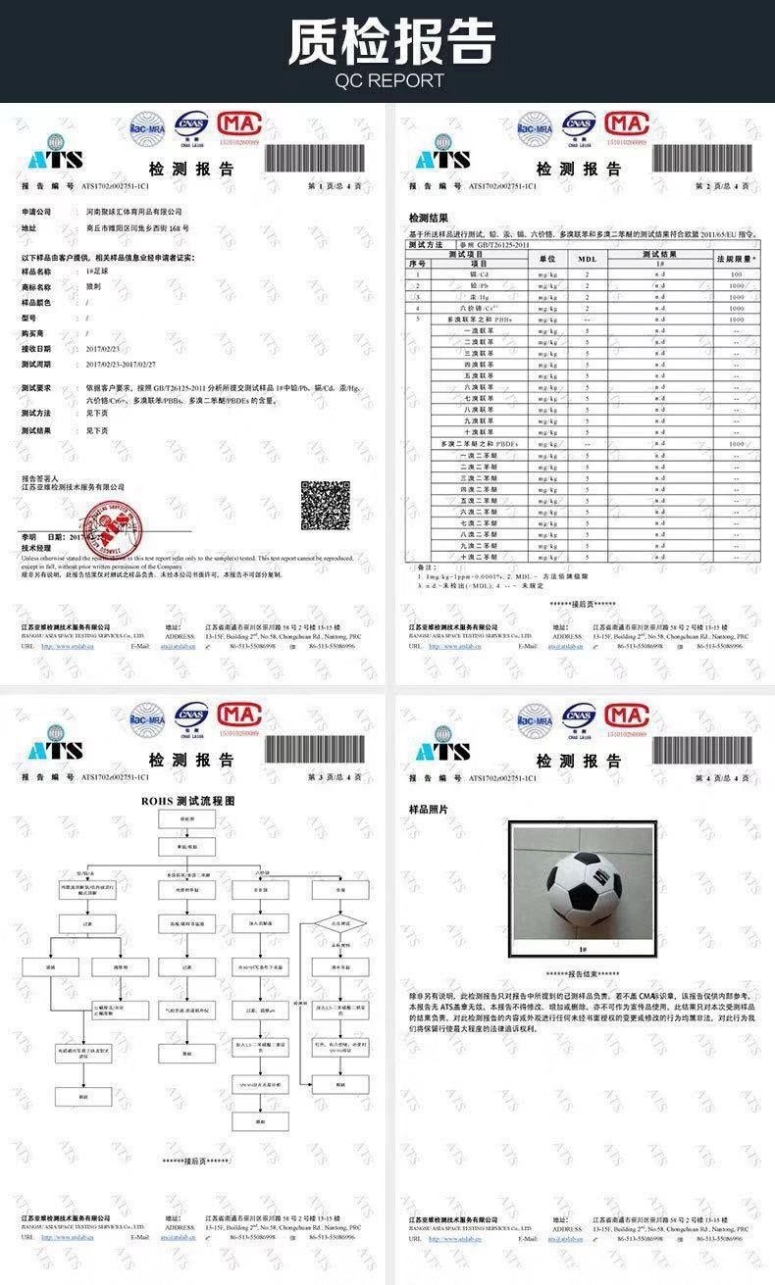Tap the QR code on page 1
[x=325, y=505]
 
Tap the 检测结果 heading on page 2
[x=429, y=217]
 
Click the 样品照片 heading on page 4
[x=429, y=810]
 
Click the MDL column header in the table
[x=587, y=259]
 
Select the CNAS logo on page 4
[x=579, y=717]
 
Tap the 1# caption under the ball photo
[x=583, y=950]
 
